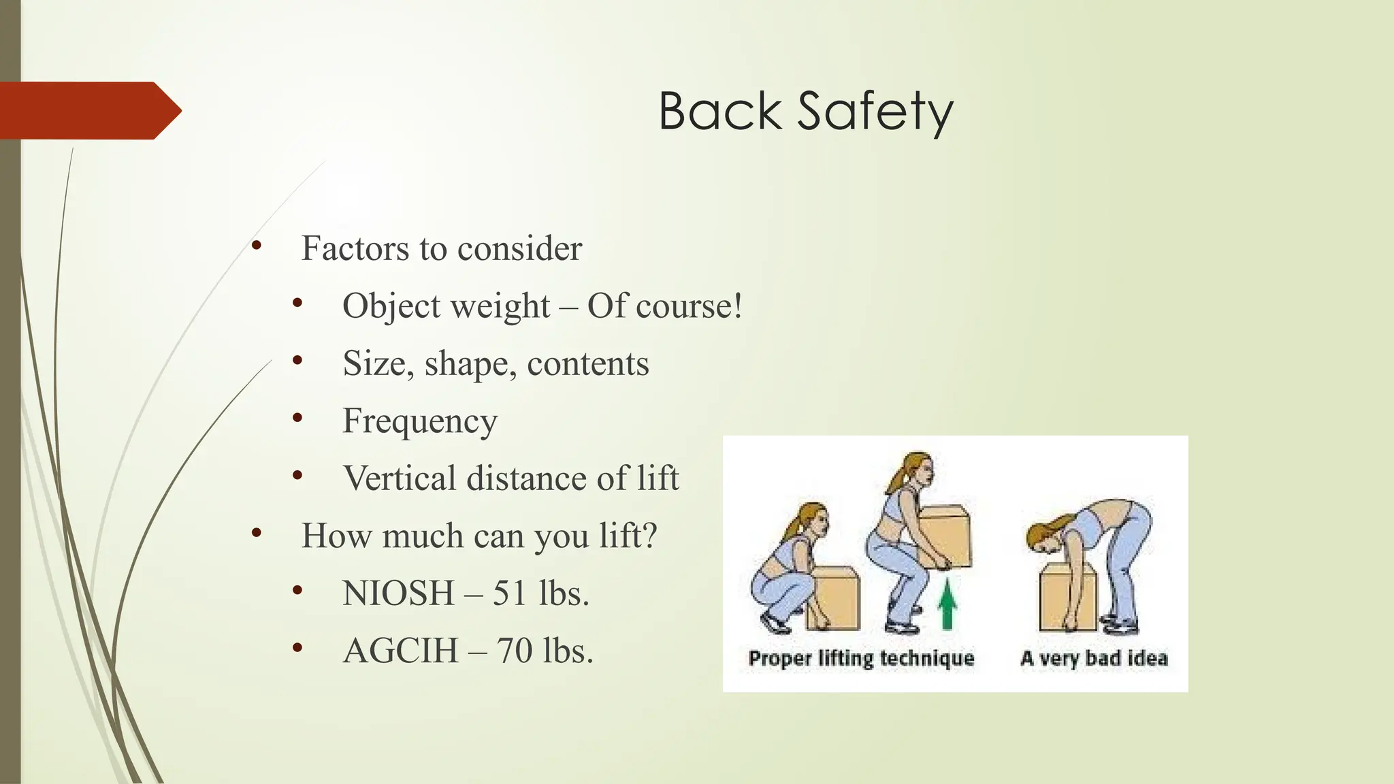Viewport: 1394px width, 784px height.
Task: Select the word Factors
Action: pyautogui.click(x=355, y=248)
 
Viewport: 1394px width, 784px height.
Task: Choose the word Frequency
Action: pyautogui.click(x=420, y=421)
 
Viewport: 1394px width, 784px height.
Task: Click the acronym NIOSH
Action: pyautogui.click(x=398, y=593)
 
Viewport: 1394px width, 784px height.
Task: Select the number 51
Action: pyautogui.click(x=510, y=593)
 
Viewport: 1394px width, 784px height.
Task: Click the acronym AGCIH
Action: pyautogui.click(x=400, y=651)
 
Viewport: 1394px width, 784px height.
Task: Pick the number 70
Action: pyautogui.click(x=514, y=651)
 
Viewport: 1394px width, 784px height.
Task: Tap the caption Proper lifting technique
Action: pyautogui.click(x=861, y=658)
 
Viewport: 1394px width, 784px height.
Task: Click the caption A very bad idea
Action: pyautogui.click(x=1094, y=658)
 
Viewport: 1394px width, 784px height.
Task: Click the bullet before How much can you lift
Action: pyautogui.click(x=256, y=533)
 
